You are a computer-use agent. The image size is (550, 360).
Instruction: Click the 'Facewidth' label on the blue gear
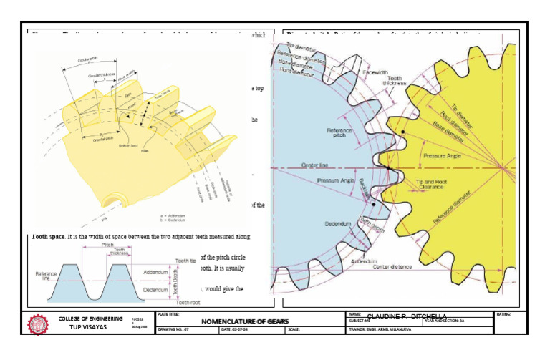pos(375,73)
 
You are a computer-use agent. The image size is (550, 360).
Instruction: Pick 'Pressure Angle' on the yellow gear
pos(442,155)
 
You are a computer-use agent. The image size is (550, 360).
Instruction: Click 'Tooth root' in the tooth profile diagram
pos(188,303)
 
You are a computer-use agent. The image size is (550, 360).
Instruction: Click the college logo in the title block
pos(38,323)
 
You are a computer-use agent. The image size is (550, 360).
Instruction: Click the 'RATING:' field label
pos(504,314)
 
